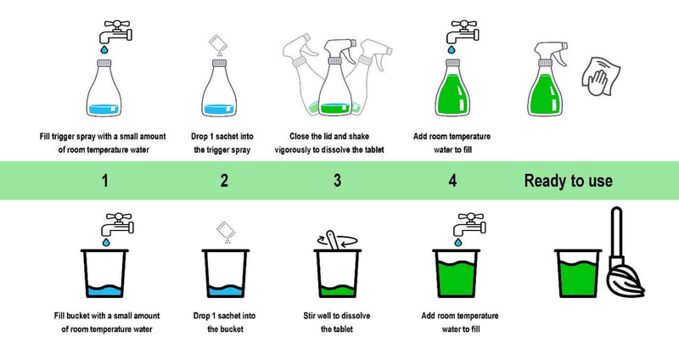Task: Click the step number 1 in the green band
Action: click(x=104, y=180)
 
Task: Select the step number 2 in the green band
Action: click(x=224, y=180)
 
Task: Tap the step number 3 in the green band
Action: click(x=337, y=180)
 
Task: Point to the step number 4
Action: click(x=452, y=180)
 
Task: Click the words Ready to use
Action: click(x=568, y=181)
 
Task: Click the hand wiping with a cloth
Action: click(x=600, y=76)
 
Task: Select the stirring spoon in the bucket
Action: click(x=332, y=241)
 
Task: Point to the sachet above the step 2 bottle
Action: click(x=216, y=43)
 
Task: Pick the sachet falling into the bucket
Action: click(x=226, y=229)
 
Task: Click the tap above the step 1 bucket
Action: click(x=117, y=224)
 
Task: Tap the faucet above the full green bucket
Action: click(x=469, y=224)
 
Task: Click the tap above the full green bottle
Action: click(x=463, y=31)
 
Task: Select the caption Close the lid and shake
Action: click(x=329, y=136)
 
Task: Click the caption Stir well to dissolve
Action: click(x=336, y=315)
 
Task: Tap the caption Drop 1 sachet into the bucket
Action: click(x=224, y=323)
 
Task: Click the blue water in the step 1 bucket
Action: click(x=104, y=291)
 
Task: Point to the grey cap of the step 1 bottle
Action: click(x=104, y=63)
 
